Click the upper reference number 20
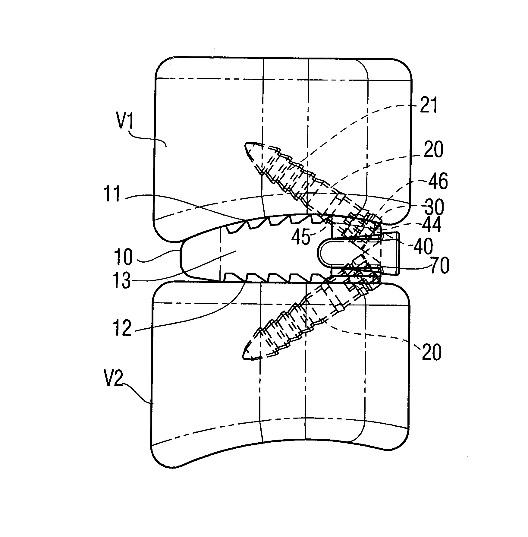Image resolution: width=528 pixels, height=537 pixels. coord(433,150)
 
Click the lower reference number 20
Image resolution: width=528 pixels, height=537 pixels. coord(432,352)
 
